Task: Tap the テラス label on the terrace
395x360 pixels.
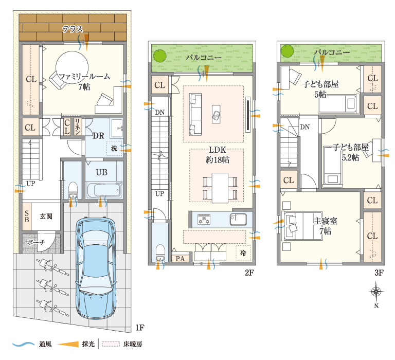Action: coord(73,29)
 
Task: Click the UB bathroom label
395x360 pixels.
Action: coord(101,172)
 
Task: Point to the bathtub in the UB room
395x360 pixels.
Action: coord(104,190)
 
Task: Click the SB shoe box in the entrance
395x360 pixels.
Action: coord(26,217)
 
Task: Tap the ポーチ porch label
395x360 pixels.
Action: coord(36,242)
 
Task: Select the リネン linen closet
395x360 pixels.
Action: coord(77,127)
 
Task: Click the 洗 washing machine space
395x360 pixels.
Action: coord(115,149)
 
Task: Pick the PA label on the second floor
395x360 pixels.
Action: coord(180,259)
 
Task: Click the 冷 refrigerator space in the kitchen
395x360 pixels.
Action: coord(243,253)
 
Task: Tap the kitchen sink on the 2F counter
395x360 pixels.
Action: coord(238,219)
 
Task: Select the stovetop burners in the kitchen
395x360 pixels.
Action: coord(204,219)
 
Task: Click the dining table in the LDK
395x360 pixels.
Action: coord(220,188)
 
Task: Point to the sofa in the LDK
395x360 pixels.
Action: coord(195,114)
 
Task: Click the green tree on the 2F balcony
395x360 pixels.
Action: coord(160,56)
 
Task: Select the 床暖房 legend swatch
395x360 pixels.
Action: coord(111,344)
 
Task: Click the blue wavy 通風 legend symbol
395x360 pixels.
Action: coord(24,344)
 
